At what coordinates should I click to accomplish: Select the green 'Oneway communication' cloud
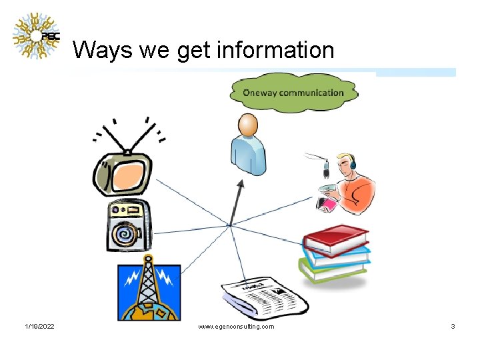[293, 93]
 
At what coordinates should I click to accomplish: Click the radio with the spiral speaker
[129, 226]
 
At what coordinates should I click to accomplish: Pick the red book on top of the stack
[336, 239]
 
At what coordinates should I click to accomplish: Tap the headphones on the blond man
[353, 163]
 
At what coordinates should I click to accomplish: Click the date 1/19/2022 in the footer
[39, 327]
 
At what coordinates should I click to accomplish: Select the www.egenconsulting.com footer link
[236, 327]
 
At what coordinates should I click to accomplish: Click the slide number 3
[453, 327]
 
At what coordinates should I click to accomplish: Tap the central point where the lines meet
[229, 226]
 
